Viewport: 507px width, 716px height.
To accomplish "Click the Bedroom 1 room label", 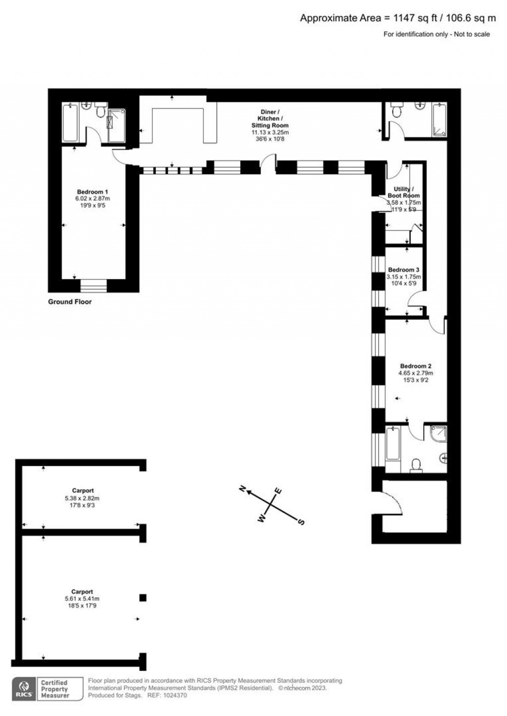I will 93,192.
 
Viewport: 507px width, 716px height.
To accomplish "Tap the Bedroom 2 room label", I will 415,366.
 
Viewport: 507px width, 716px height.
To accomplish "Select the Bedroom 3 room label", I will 404,270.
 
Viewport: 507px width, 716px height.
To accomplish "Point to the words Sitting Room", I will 270,126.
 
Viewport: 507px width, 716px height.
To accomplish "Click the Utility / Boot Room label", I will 404,192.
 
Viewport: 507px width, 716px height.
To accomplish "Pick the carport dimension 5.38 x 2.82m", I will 82,498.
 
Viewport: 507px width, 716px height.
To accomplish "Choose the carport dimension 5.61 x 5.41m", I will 82,599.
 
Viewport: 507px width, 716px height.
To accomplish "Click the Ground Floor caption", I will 70,302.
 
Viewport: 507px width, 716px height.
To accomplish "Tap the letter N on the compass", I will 243,489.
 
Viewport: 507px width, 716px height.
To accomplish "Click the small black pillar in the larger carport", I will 143,598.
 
